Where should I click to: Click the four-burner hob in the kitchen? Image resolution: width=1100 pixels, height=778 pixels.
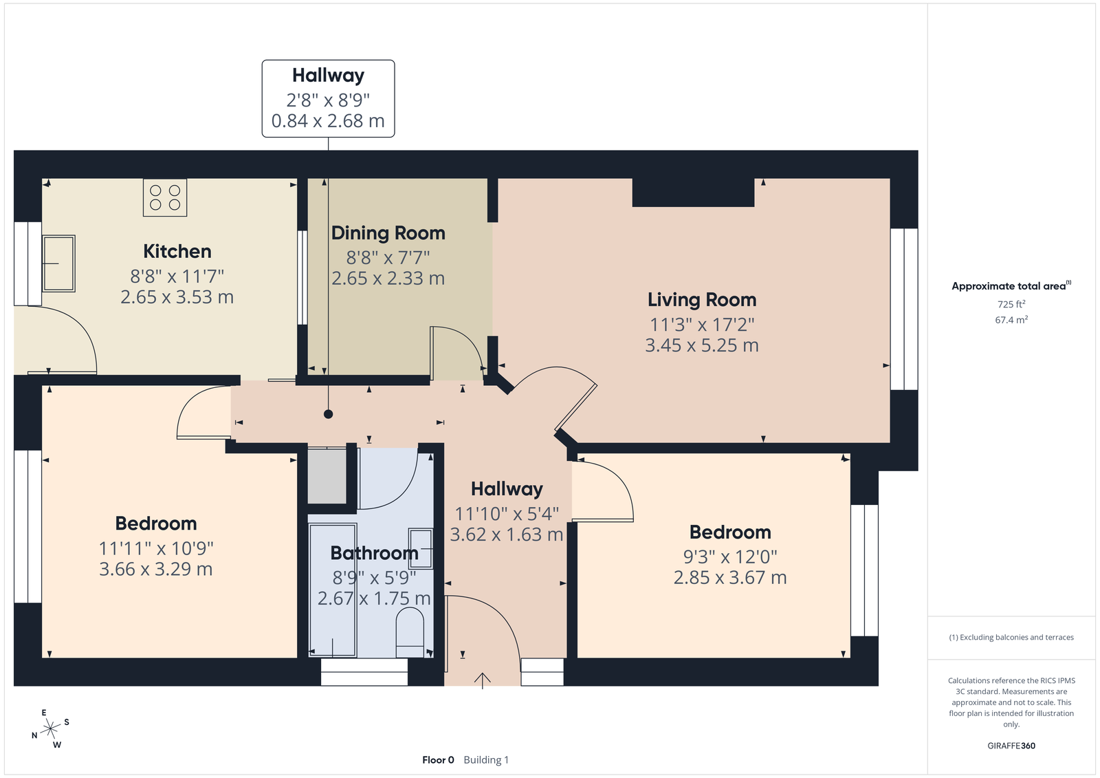(x=165, y=197)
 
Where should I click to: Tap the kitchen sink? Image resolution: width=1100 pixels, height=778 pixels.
(x=58, y=263)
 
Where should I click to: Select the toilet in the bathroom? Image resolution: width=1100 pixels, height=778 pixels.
(x=410, y=633)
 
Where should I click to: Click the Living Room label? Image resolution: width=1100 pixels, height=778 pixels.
(x=702, y=300)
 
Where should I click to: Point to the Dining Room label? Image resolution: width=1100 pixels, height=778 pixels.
(x=388, y=233)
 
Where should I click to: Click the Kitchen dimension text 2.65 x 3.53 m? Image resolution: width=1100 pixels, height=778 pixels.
(x=177, y=297)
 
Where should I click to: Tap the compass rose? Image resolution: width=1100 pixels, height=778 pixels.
(x=50, y=728)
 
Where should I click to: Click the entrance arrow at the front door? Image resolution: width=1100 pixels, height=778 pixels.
(x=482, y=681)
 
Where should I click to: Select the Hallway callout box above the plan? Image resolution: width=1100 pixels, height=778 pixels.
(x=328, y=98)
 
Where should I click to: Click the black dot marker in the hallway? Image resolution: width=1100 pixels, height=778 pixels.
(x=328, y=414)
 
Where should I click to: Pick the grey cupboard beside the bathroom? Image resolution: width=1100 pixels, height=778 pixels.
(x=327, y=476)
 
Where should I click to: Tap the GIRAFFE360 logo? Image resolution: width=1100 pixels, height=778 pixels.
(x=1011, y=746)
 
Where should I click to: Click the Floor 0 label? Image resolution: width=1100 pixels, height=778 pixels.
(x=438, y=760)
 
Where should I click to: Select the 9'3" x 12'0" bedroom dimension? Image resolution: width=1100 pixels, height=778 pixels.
(x=730, y=557)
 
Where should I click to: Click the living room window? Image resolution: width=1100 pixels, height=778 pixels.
(x=904, y=309)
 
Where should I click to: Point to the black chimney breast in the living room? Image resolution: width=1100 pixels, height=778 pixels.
(x=693, y=193)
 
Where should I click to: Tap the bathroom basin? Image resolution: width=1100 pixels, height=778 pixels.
(x=420, y=548)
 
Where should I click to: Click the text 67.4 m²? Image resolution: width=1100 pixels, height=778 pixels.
(x=1011, y=320)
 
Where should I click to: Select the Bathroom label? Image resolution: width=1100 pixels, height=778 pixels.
(x=374, y=553)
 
